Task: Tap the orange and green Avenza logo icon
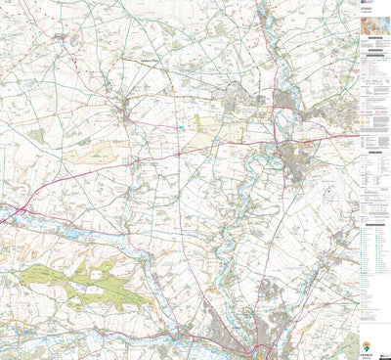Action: coord(367,344)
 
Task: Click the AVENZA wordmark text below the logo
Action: coord(367,353)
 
